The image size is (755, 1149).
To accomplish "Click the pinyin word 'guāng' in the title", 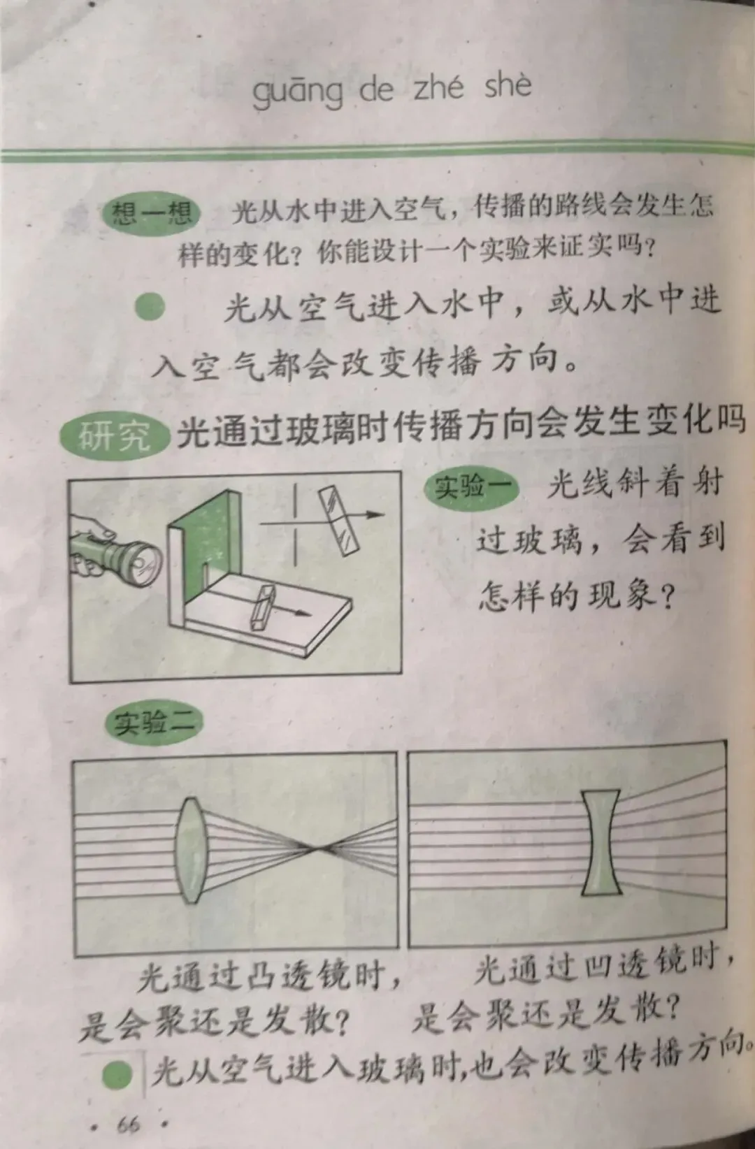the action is pyautogui.click(x=298, y=92).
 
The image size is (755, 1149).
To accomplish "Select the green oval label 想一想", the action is pyautogui.click(x=151, y=213).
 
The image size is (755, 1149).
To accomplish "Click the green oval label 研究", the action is pyautogui.click(x=115, y=438).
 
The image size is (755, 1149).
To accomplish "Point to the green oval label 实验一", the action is pyautogui.click(x=471, y=486).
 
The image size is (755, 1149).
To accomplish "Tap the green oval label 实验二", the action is pyautogui.click(x=153, y=724).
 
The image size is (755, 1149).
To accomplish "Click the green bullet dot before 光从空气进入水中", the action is pyautogui.click(x=150, y=308).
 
